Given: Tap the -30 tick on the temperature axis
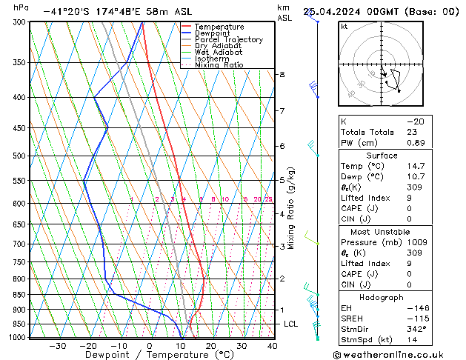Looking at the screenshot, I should point(57,345).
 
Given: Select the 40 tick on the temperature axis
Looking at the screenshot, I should point(273,345).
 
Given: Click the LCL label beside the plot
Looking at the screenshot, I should point(291,324).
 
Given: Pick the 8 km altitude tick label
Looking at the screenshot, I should point(282,75).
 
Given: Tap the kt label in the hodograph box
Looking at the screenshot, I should point(344,26).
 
